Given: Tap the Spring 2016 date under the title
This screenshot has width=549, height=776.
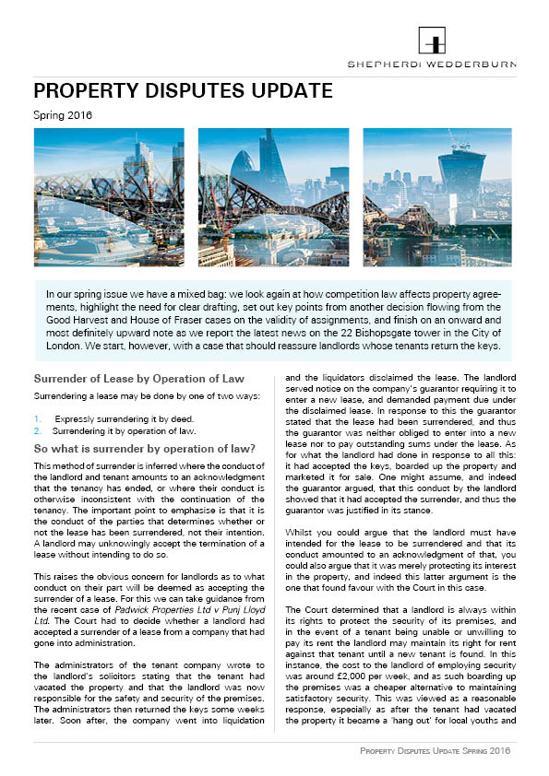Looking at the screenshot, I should pyautogui.click(x=63, y=116).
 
